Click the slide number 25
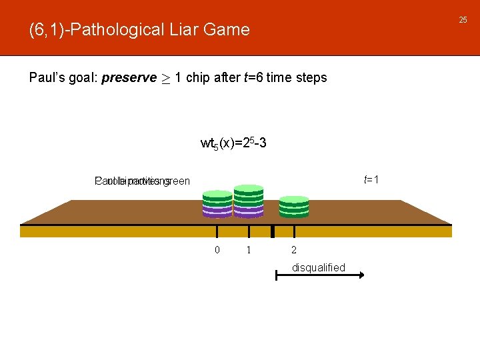[x=463, y=20]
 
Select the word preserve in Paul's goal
[x=129, y=77]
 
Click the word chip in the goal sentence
[x=197, y=77]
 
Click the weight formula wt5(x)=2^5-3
[x=234, y=143]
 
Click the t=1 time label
[x=372, y=179]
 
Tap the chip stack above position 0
[x=217, y=203]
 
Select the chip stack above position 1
[x=249, y=201]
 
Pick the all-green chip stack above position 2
[x=294, y=207]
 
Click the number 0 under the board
[x=217, y=250]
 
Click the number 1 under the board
[x=249, y=250]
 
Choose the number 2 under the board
[x=294, y=250]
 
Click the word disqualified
[x=319, y=268]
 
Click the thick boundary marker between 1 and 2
[x=273, y=231]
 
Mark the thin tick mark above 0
[x=217, y=231]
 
